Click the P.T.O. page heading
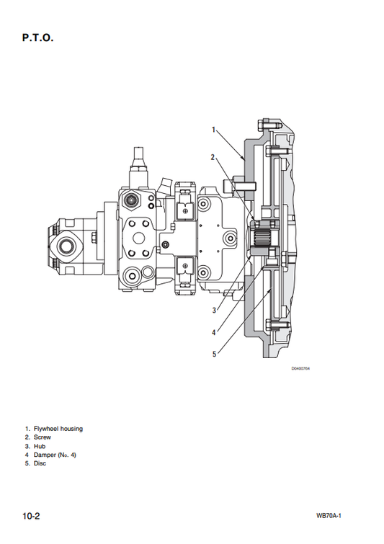point(37,37)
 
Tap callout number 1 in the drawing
point(214,130)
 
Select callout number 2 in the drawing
point(213,157)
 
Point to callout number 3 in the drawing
point(214,310)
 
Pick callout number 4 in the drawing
point(214,332)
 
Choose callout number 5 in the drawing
point(215,355)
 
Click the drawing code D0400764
point(300,368)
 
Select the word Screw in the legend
point(43,437)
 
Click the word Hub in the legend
point(40,446)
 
